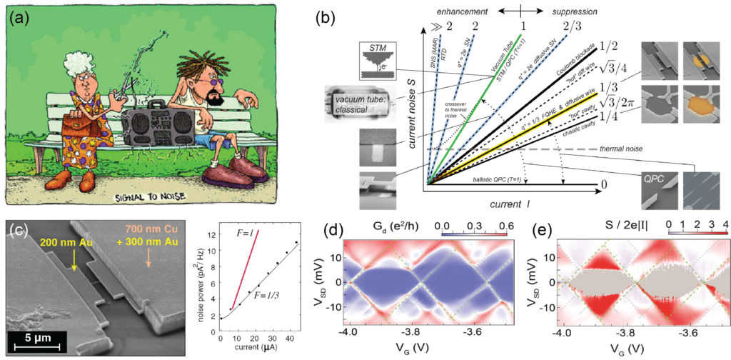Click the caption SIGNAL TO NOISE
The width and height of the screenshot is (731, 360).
pyautogui.click(x=160, y=196)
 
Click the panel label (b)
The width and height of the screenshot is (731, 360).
pyautogui.click(x=333, y=19)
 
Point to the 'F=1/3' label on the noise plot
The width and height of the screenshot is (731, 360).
pyautogui.click(x=265, y=296)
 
